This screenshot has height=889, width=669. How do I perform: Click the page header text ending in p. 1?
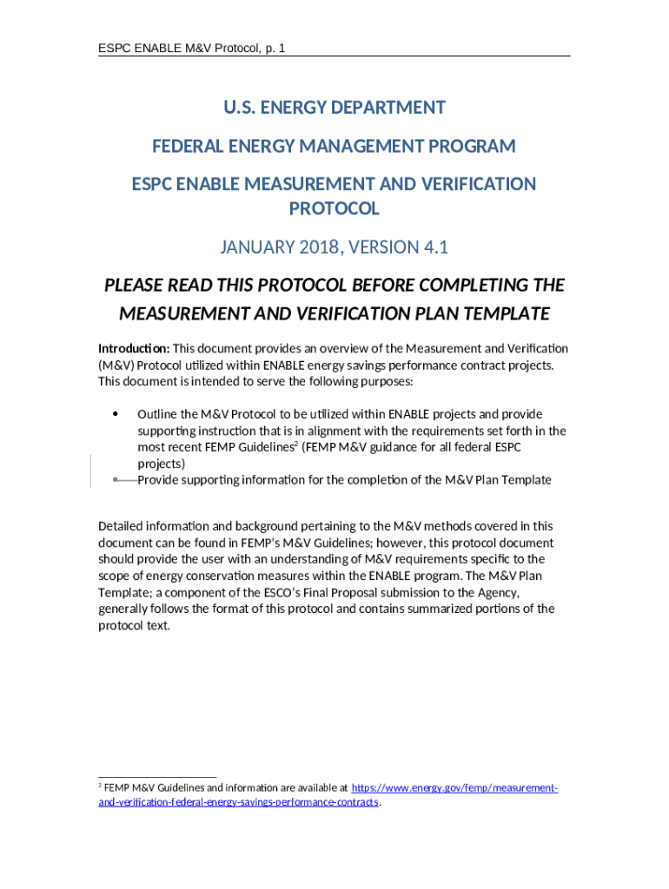click(191, 48)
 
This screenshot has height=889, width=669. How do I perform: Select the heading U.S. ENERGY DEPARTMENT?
click(334, 108)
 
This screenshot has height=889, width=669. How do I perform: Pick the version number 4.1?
click(435, 247)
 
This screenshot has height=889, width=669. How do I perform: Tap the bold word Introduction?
click(134, 349)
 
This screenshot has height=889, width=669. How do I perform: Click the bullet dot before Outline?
click(116, 414)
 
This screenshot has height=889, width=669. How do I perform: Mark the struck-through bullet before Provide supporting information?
click(116, 479)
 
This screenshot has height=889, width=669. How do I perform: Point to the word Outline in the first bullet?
click(157, 415)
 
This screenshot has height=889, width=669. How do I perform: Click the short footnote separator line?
click(156, 778)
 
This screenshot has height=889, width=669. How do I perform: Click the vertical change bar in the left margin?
click(91, 471)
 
